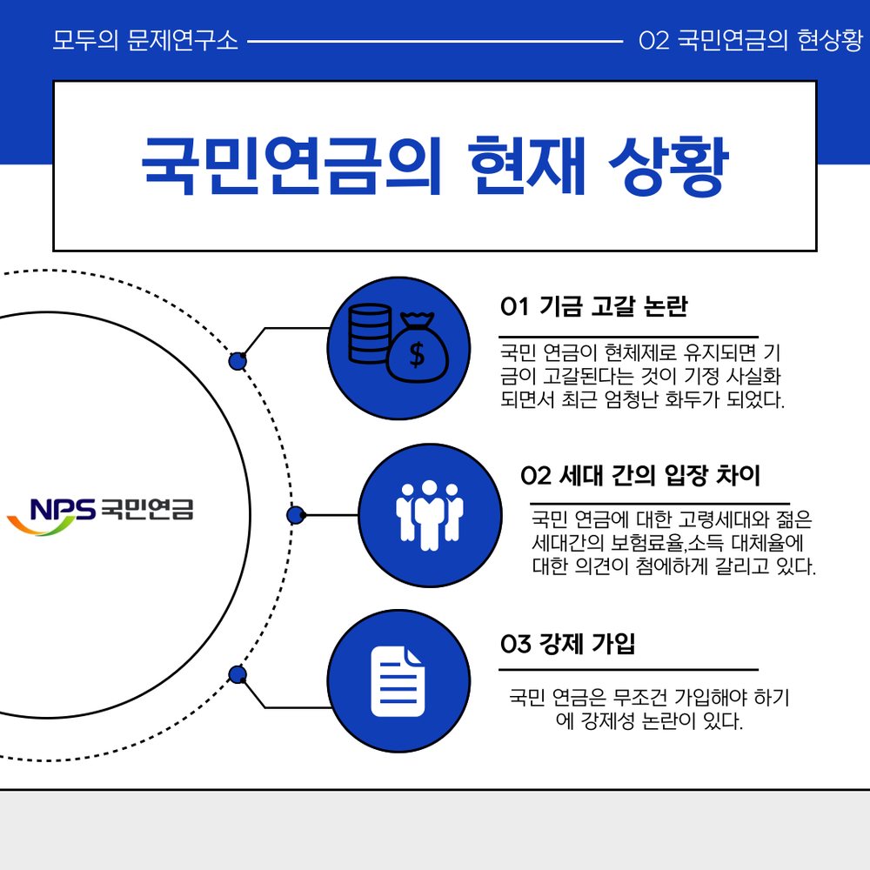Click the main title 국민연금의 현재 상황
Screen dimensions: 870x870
[434, 165]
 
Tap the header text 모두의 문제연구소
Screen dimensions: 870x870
[145, 40]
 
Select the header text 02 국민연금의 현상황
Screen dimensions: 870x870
[750, 40]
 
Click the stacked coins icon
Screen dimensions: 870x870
[370, 333]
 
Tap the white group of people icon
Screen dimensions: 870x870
[430, 515]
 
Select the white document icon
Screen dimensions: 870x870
[398, 681]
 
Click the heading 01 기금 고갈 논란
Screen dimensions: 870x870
[593, 306]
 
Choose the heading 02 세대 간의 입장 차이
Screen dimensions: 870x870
[640, 476]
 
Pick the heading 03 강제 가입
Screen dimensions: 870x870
[567, 644]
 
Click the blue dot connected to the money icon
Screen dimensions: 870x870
[238, 361]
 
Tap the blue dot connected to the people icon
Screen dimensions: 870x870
[296, 515]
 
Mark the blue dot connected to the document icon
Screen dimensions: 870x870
[238, 675]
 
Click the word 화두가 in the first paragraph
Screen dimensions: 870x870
[692, 399]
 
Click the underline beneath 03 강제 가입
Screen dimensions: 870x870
[628, 670]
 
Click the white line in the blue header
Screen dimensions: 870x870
[435, 41]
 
